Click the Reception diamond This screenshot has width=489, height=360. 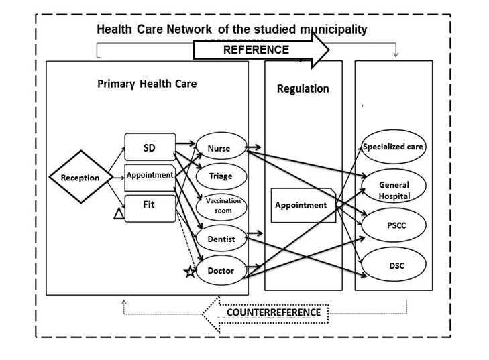80,177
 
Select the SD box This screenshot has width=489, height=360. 150,147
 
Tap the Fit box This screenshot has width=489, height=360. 150,208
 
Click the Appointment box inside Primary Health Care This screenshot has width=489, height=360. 150,178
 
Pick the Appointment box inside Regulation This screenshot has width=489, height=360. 303,205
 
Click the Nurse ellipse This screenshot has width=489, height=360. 221,146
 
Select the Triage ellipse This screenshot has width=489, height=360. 221,176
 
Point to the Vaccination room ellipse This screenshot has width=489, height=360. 221,206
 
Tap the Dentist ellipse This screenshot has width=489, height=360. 221,238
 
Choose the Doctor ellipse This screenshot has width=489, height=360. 221,270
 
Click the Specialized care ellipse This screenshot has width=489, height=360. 394,147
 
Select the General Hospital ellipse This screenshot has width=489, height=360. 394,186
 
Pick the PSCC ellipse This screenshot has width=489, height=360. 394,225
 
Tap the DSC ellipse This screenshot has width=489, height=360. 394,265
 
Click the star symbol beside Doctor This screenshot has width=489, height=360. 190,272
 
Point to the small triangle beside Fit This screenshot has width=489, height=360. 119,214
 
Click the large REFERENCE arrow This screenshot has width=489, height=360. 261,50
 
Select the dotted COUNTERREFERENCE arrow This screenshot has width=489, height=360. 266,313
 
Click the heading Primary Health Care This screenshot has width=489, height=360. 147,84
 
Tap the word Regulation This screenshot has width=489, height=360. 303,89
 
